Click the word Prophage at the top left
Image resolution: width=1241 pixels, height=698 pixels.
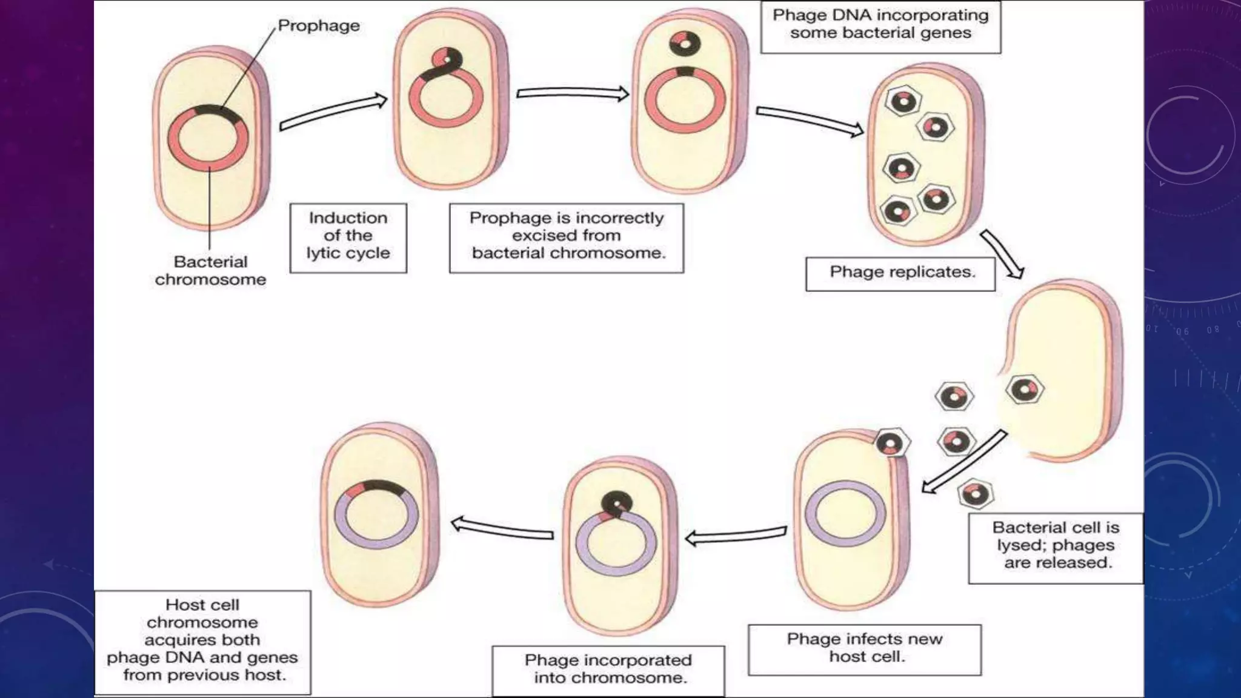(318, 25)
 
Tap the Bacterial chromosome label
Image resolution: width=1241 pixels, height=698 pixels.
(210, 270)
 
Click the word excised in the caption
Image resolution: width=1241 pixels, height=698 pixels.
(566, 235)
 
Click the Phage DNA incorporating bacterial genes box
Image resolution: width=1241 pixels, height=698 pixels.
(880, 25)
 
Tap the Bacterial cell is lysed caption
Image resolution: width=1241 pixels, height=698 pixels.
(1056, 545)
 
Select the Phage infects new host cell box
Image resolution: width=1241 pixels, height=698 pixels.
(864, 648)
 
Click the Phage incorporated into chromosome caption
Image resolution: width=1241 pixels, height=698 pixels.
(608, 669)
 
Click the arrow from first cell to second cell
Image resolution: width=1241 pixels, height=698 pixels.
(333, 113)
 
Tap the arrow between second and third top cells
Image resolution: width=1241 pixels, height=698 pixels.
(573, 94)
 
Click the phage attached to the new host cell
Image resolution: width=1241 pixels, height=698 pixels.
(891, 444)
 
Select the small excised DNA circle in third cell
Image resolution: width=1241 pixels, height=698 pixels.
(685, 44)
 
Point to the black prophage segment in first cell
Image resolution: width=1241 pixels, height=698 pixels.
(212, 110)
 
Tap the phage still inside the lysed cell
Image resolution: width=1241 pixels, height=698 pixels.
(1024, 390)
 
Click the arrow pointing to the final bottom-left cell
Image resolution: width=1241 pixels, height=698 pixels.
(502, 528)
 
